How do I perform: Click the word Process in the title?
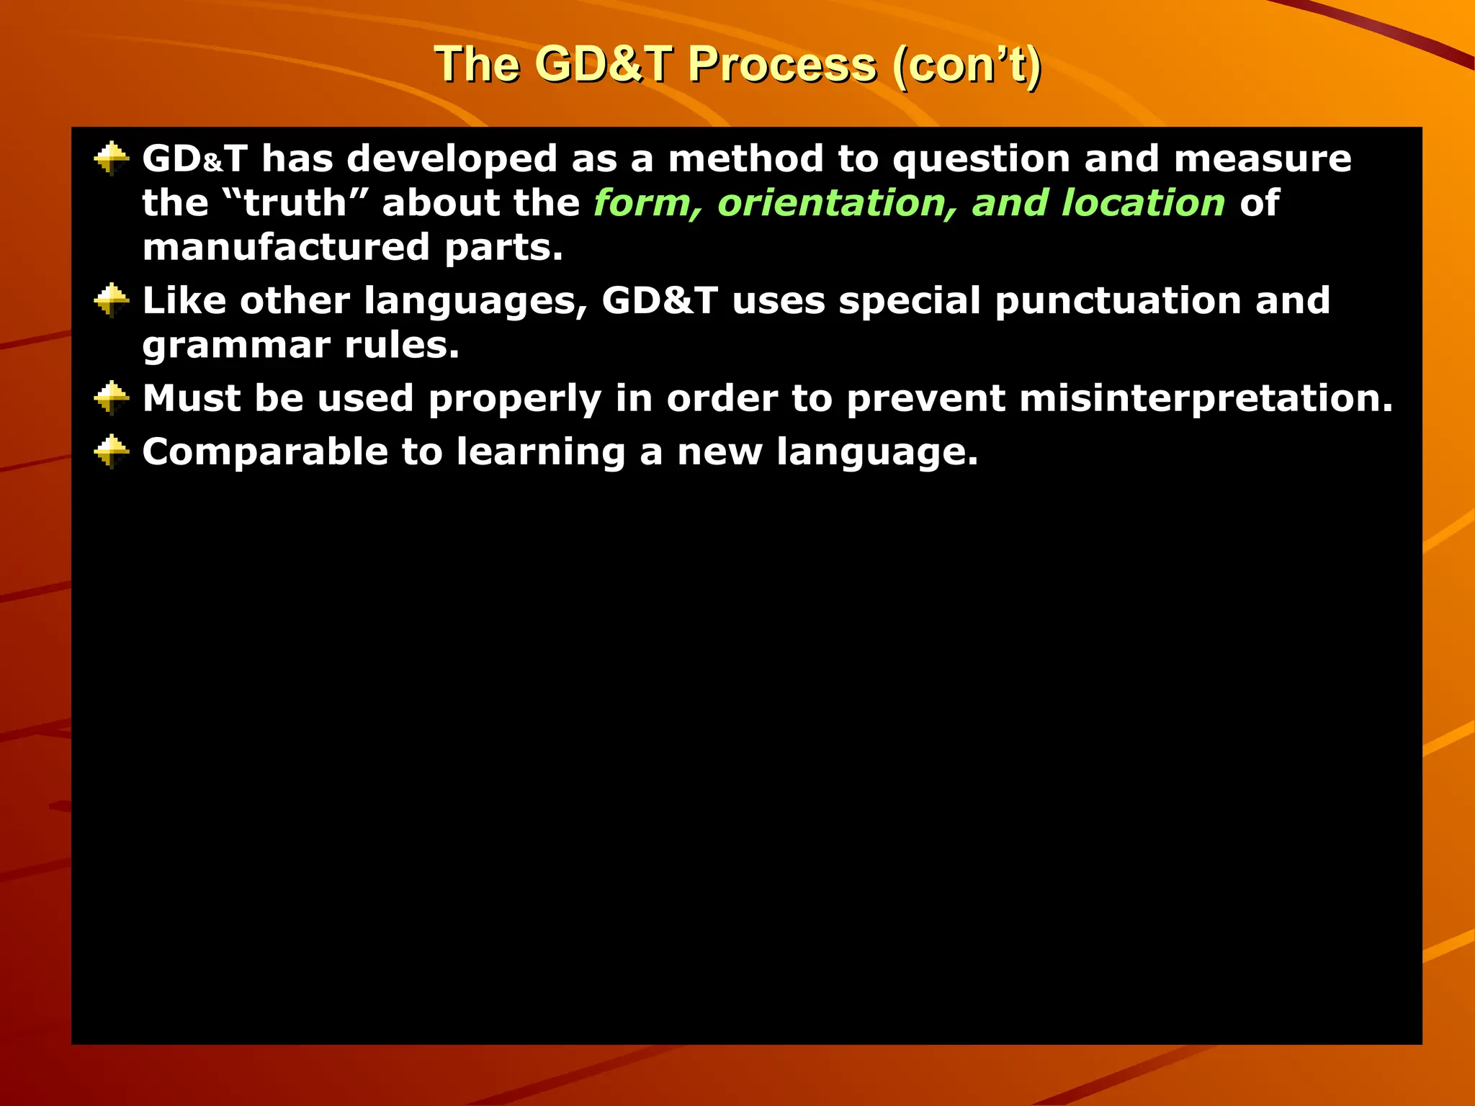pos(782,65)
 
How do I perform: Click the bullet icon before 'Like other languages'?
pos(112,300)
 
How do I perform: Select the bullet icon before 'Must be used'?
pos(112,398)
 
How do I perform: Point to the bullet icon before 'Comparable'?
pos(112,452)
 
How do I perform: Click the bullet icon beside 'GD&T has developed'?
pos(112,158)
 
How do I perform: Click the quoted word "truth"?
pos(286,203)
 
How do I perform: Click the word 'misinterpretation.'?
pos(1206,399)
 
